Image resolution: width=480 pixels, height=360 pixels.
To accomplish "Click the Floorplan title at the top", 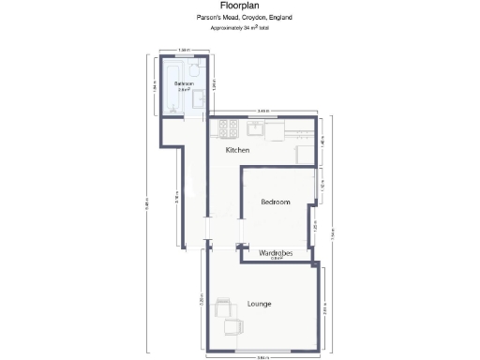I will (x=239, y=5).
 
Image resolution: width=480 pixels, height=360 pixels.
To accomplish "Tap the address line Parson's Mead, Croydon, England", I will (x=239, y=17).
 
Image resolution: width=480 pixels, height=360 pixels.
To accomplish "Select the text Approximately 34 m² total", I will (x=239, y=28).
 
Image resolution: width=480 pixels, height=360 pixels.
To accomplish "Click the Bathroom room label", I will (x=184, y=83).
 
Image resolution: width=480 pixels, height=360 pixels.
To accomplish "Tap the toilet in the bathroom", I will (x=192, y=70).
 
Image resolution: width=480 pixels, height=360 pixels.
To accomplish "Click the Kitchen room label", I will (x=237, y=150).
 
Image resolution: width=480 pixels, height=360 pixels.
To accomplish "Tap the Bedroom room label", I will (x=275, y=202).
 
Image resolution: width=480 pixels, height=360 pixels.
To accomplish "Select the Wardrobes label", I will (x=276, y=253).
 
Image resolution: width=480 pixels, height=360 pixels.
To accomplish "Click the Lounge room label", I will (x=260, y=304).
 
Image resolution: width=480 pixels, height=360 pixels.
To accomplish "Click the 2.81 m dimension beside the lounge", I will (x=323, y=307).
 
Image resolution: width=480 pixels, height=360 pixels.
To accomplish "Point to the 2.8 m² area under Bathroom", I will (x=184, y=90).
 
